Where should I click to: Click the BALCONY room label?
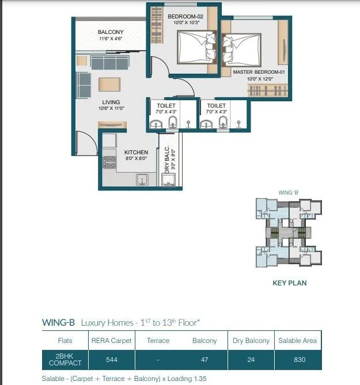click(x=110, y=32)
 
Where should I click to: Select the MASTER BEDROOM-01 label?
click(x=258, y=72)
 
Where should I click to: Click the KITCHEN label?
click(x=136, y=153)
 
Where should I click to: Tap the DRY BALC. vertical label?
click(x=167, y=159)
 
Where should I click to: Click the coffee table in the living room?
click(x=111, y=84)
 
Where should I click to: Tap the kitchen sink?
click(x=142, y=180)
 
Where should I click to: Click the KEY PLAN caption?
click(x=289, y=283)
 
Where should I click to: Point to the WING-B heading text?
click(x=58, y=323)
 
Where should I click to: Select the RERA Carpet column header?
click(x=112, y=341)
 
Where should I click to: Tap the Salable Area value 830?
click(x=298, y=360)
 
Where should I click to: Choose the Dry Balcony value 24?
click(x=251, y=360)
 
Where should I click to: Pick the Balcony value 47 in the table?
click(x=204, y=360)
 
